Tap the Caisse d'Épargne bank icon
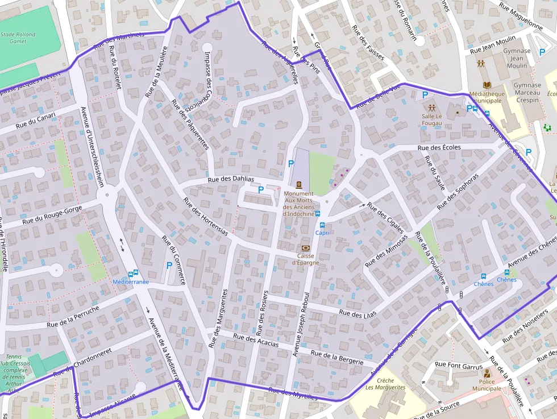(x=306, y=248)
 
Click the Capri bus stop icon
(x=322, y=225)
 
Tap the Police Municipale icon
(x=487, y=374)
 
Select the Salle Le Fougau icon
(x=432, y=107)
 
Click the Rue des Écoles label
(x=439, y=147)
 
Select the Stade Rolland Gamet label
(x=18, y=38)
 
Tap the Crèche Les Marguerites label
(x=385, y=384)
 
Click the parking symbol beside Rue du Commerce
(x=168, y=265)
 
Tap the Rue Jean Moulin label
(x=492, y=44)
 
